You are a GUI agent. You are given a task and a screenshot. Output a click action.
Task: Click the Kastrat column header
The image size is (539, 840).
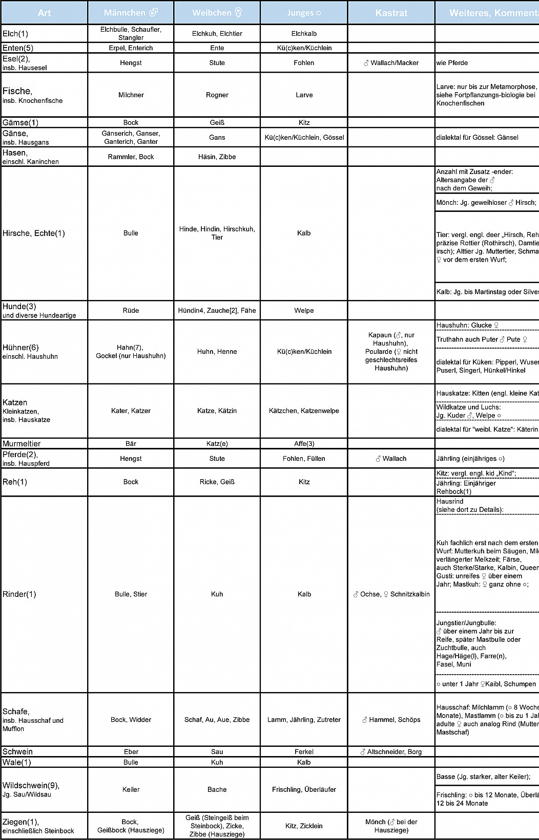pos(391,13)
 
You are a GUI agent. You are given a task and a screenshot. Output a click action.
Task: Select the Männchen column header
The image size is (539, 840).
pos(131,13)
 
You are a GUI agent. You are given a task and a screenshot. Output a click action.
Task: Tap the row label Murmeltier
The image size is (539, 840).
pos(22,444)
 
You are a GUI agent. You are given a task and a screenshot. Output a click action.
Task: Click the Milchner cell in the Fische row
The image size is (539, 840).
pos(131,95)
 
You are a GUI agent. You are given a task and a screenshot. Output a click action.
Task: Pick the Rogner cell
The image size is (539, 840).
pos(217,95)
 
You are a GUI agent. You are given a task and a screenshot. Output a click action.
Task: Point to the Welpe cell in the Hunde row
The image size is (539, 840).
pos(304,311)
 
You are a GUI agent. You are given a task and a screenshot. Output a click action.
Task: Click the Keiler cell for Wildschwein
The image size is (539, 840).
pos(131,790)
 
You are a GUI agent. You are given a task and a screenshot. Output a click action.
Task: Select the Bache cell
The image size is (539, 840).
pos(217,790)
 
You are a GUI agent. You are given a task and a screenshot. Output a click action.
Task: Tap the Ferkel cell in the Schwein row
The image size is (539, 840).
pos(304,752)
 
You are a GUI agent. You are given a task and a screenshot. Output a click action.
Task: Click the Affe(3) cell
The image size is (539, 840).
pos(304,444)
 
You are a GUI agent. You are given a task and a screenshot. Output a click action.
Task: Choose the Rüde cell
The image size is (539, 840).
pos(131,311)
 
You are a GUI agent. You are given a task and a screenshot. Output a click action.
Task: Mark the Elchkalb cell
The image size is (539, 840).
pos(304,34)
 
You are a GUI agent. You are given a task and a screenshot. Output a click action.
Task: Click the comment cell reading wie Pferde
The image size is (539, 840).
pos(452,63)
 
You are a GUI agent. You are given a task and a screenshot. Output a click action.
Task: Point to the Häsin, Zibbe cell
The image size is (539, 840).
pos(217,157)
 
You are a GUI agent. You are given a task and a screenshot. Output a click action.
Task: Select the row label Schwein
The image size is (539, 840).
pos(17,752)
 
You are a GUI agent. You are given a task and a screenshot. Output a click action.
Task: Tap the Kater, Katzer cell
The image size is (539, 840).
pos(131,411)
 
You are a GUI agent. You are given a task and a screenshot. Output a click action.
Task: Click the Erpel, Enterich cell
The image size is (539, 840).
pos(131,48)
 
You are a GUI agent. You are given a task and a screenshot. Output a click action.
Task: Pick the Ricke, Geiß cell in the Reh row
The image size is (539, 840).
pos(217,482)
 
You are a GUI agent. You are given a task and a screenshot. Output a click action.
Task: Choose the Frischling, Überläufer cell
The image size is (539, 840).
pos(304,790)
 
